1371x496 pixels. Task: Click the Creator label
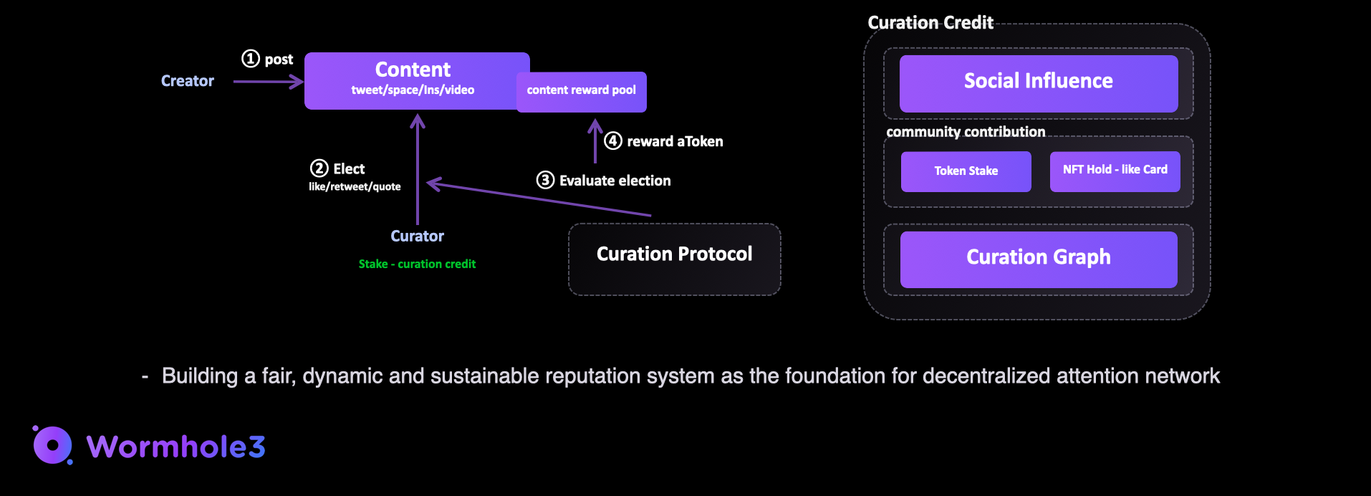(x=187, y=81)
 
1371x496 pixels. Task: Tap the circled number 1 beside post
(x=250, y=59)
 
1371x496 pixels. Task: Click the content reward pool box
(x=581, y=91)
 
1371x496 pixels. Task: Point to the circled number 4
(x=612, y=140)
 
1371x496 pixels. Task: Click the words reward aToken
(x=675, y=141)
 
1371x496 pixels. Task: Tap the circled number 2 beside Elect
(x=319, y=168)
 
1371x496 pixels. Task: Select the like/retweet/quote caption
(x=355, y=186)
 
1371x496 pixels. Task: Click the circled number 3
(x=545, y=180)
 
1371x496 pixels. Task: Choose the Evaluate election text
(x=615, y=181)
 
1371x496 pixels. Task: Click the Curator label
(x=417, y=236)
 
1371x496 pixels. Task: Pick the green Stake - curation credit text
(x=417, y=264)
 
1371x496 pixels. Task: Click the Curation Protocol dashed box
(x=674, y=259)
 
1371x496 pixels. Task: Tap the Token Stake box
(x=966, y=171)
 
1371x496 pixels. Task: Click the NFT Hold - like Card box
(x=1115, y=171)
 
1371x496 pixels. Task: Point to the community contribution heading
(x=965, y=132)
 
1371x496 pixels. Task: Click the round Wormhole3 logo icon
(x=52, y=445)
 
